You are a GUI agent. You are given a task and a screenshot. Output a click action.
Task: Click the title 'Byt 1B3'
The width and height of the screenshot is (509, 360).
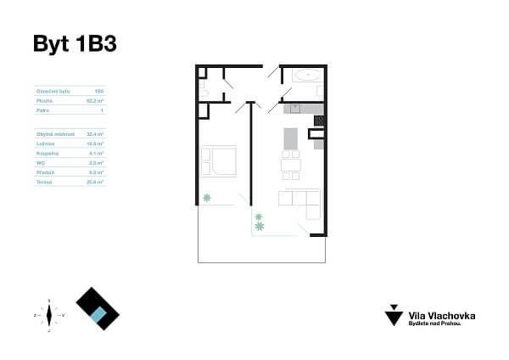[74, 44]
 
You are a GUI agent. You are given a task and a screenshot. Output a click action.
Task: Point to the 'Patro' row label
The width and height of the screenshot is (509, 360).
[42, 110]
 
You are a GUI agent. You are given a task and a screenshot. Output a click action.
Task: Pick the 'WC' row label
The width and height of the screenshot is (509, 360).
[40, 162]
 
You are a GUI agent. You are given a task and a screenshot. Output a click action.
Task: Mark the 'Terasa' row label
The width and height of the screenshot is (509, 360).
[44, 182]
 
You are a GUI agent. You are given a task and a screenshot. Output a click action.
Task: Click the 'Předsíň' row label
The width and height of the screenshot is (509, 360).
[45, 172]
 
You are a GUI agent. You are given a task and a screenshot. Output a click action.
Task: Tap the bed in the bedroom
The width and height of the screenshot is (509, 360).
[219, 161]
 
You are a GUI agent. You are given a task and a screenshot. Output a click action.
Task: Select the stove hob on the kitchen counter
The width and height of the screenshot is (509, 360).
[319, 121]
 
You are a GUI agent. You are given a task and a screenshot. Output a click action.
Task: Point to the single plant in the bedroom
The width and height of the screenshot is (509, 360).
[206, 198]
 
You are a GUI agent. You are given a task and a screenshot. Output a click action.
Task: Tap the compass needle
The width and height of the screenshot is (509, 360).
[49, 315]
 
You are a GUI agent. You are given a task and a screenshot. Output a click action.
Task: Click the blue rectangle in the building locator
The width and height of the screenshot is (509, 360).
[99, 316]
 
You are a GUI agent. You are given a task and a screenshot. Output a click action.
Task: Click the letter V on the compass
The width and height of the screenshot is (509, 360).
[64, 315]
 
